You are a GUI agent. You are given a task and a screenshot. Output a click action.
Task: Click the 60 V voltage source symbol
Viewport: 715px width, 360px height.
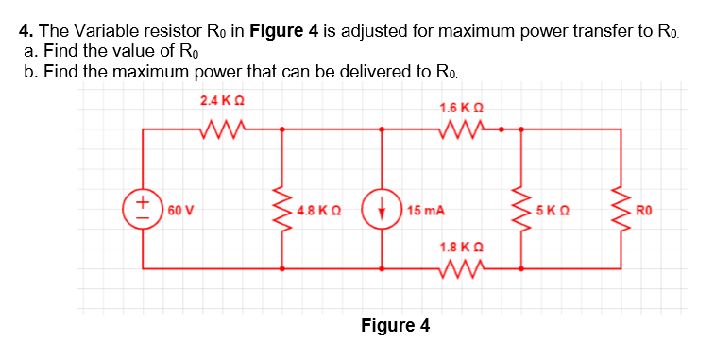click(143, 209)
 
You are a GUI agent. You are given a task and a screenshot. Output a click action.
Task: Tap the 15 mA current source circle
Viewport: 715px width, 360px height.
click(382, 209)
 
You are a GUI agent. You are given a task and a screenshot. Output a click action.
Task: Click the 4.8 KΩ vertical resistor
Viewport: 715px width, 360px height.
click(282, 209)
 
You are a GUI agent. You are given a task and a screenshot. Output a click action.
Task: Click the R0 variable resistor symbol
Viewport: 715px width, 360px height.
click(620, 209)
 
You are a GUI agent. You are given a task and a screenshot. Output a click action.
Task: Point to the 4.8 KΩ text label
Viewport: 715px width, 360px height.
click(317, 210)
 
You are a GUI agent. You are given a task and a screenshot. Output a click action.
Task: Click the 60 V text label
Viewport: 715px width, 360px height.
click(179, 210)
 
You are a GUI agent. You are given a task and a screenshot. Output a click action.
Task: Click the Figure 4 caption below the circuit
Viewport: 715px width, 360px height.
click(395, 326)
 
